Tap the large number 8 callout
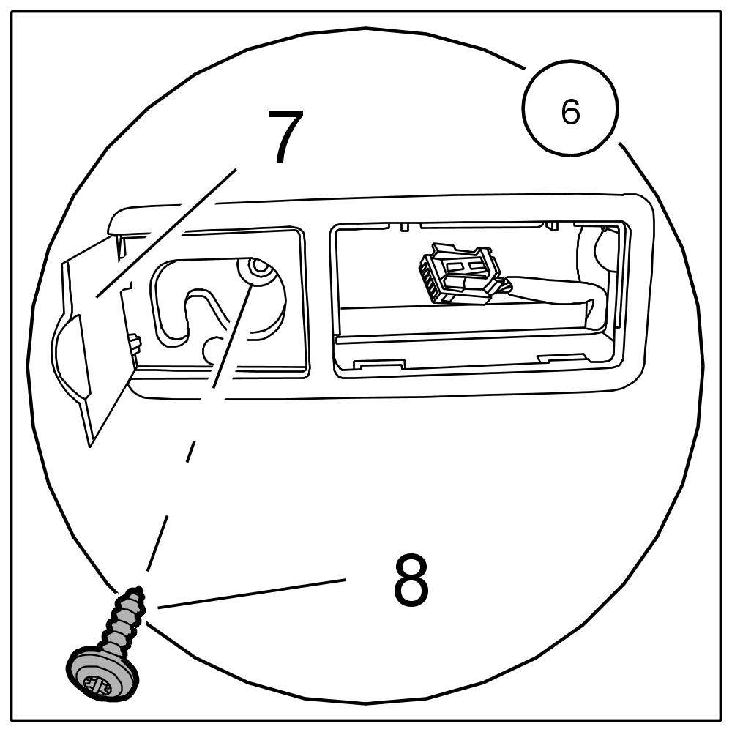pos(411,580)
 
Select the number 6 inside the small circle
pos(570,112)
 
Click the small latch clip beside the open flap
pos(134,344)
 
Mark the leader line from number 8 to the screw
pos(249,593)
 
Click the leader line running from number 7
pos(168,231)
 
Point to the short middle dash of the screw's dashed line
pos(191,451)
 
